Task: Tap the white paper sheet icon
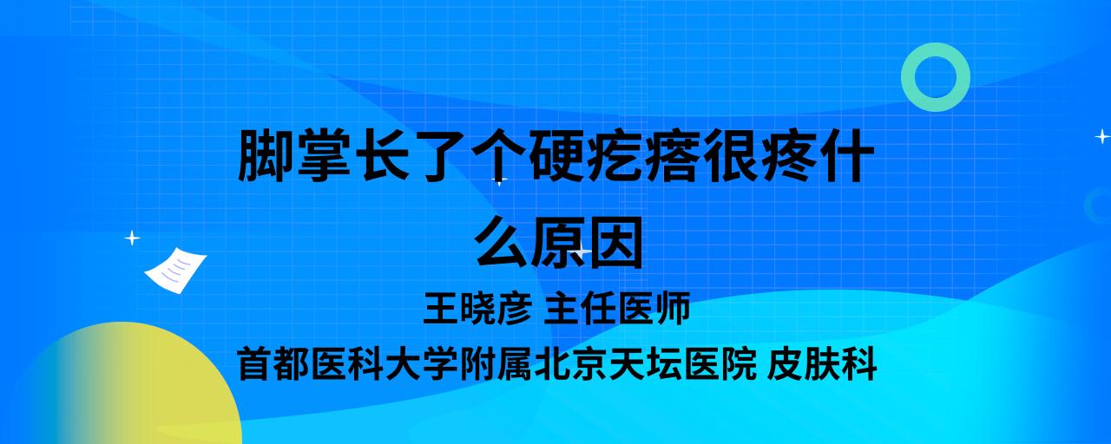[x=175, y=271]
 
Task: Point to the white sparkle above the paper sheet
[x=132, y=238]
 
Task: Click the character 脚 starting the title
[x=266, y=155]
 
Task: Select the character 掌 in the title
[x=324, y=155]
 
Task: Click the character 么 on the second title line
[x=501, y=242]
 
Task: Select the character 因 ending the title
[x=615, y=242]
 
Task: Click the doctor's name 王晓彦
[x=477, y=308]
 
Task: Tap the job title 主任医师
[x=617, y=308]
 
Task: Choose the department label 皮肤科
[x=822, y=364]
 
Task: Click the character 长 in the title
[x=382, y=155]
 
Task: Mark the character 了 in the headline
[x=440, y=155]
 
